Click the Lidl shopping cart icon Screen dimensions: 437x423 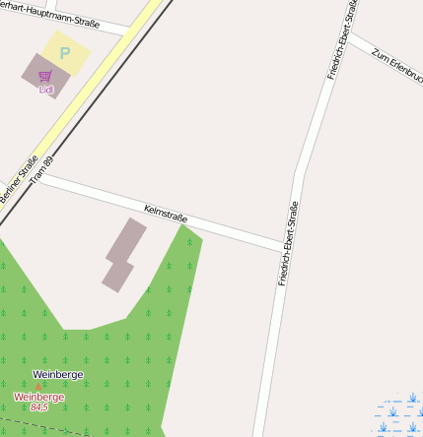tap(45, 76)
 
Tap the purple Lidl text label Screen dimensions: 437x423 tap(45, 90)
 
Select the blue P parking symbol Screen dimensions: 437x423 tap(65, 53)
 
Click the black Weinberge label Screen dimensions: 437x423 tap(58, 374)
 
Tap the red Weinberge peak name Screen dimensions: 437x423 tap(39, 397)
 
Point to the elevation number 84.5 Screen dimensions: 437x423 tap(39, 406)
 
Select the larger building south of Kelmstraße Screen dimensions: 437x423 tap(126, 242)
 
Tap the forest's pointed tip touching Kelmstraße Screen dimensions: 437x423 tap(182, 225)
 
